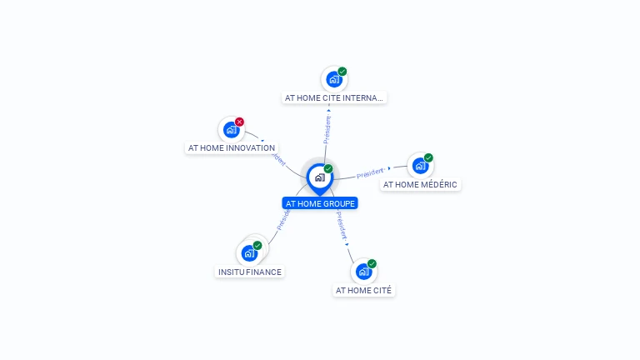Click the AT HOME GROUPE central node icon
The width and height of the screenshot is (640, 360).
[319, 177]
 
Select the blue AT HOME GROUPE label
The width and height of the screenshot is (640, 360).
[320, 203]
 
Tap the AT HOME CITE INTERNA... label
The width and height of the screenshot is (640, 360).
[334, 97]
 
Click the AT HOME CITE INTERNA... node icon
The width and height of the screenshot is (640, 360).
[334, 80]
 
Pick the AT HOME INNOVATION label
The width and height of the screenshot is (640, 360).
[232, 148]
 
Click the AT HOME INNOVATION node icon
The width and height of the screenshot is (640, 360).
[231, 130]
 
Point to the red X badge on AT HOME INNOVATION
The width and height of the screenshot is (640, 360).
[239, 122]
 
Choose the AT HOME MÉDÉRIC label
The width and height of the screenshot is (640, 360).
[420, 184]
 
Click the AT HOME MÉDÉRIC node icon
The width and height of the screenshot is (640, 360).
[420, 166]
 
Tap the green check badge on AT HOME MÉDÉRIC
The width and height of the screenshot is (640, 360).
[428, 157]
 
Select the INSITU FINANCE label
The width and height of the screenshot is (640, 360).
[250, 272]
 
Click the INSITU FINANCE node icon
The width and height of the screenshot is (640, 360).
[249, 252]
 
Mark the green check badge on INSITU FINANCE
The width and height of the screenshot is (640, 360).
[257, 245]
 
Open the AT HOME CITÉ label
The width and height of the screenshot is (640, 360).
[363, 290]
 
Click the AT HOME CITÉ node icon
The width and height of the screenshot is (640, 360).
[363, 272]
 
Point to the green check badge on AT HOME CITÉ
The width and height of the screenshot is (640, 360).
[372, 263]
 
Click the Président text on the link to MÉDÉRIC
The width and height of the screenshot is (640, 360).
[370, 172]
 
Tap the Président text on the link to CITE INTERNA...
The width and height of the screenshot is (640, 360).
[327, 129]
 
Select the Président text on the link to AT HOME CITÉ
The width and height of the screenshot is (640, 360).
[341, 225]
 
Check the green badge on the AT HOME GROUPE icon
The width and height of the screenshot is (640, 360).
[328, 168]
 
